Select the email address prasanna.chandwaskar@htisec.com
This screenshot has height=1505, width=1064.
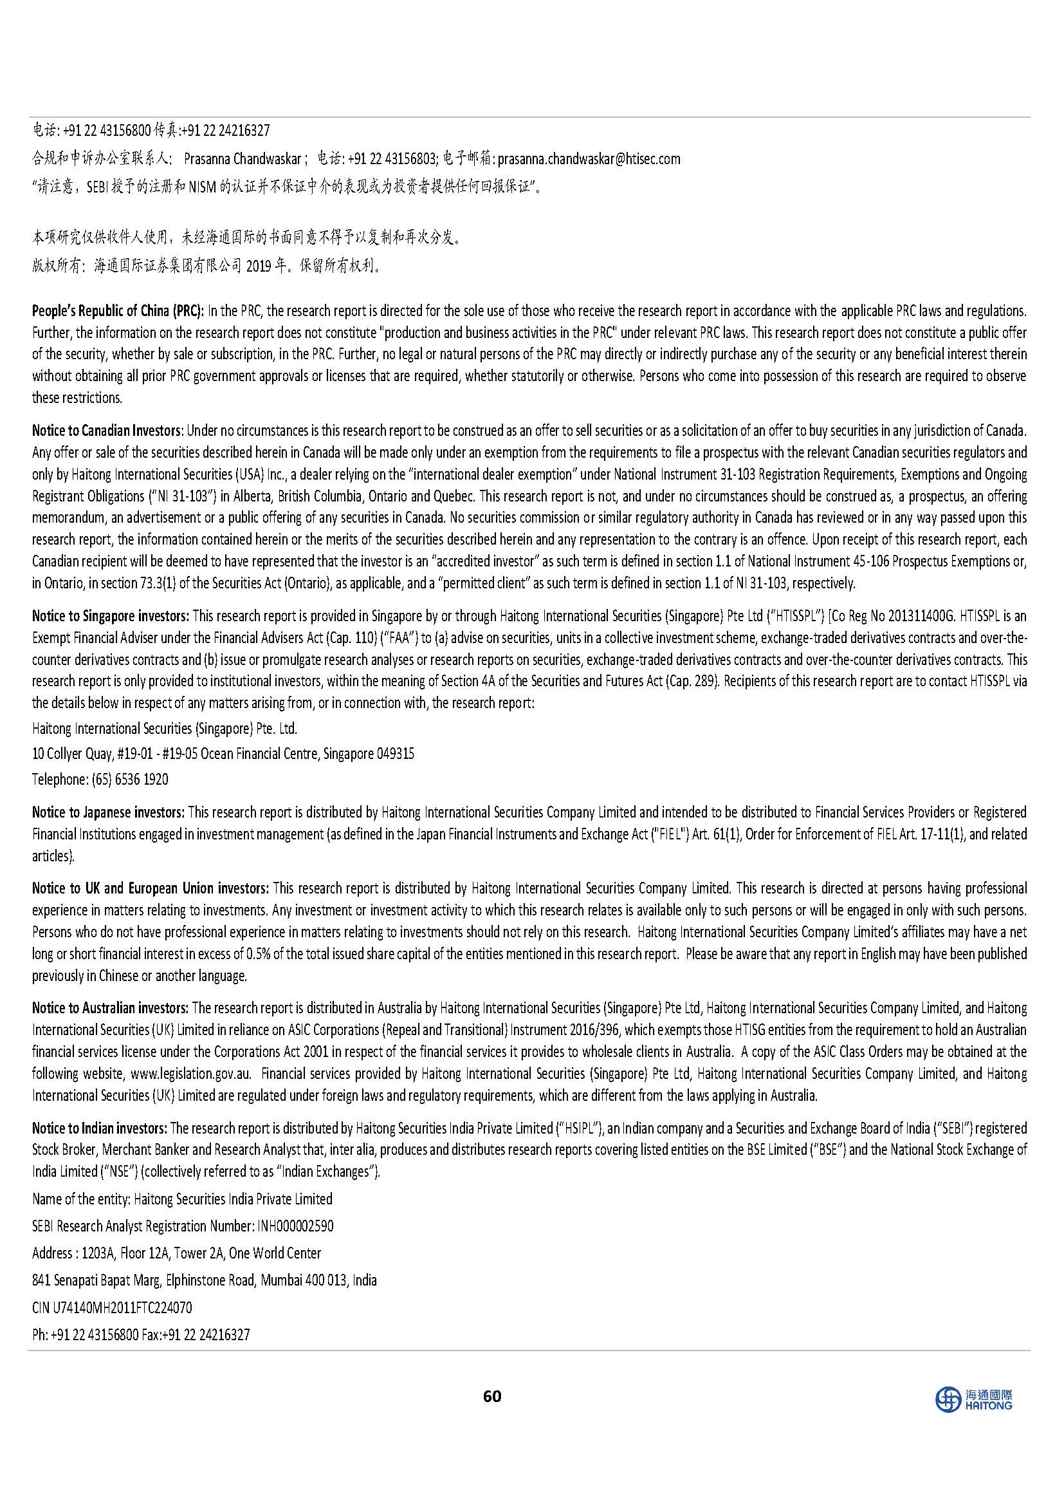point(589,158)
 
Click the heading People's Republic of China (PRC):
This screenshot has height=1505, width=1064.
point(118,311)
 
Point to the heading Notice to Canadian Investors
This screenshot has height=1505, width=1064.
point(107,431)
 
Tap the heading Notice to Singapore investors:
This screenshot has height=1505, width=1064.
point(111,616)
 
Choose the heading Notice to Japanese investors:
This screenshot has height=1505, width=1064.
point(109,812)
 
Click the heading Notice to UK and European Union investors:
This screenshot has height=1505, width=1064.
point(150,888)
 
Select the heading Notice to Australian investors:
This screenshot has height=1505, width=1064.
point(111,1007)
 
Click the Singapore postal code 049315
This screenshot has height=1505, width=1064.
point(395,754)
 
